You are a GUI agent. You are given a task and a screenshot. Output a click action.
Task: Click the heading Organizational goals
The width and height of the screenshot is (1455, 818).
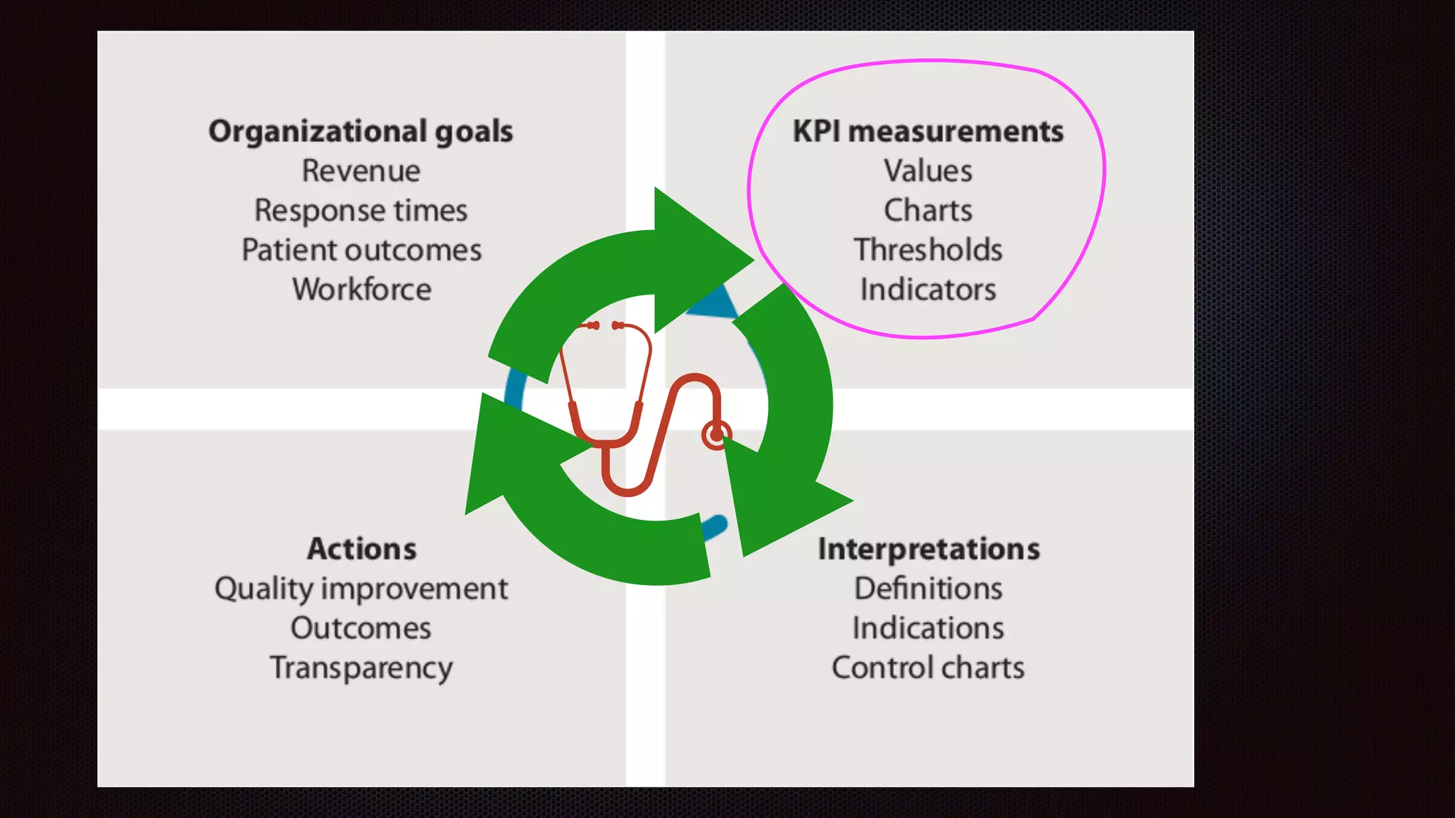[361, 132]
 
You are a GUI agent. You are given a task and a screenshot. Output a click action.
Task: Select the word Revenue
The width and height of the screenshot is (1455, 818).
[361, 171]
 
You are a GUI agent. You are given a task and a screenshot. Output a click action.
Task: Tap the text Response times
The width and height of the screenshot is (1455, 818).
[361, 211]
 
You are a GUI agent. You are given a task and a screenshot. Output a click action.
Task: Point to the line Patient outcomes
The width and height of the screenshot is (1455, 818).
[361, 251]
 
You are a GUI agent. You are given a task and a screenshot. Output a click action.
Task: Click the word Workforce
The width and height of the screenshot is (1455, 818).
[361, 290]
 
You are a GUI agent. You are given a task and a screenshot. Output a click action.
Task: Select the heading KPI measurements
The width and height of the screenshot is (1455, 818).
[928, 132]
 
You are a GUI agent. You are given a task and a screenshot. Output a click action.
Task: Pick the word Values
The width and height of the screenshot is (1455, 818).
[928, 171]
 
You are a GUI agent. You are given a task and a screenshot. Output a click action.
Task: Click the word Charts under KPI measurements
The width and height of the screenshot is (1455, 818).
[928, 211]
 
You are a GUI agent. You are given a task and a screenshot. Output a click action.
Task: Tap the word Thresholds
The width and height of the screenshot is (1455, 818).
[928, 251]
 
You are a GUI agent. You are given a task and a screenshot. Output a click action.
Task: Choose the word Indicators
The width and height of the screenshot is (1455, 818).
[928, 290]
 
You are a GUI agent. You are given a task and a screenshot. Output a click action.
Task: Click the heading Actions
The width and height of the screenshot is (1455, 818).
[361, 549]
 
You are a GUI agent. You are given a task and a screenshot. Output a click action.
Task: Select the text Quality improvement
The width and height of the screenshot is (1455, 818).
[361, 589]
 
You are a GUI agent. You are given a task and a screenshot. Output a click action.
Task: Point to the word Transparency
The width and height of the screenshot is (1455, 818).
[361, 668]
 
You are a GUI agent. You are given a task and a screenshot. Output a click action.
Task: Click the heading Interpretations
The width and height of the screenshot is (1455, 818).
[928, 549]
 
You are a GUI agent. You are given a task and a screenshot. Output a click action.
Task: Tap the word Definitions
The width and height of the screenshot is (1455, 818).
[928, 589]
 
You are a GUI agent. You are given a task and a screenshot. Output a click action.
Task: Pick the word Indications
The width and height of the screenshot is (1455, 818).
[928, 628]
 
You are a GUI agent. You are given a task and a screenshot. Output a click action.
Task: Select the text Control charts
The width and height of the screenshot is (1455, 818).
[928, 668]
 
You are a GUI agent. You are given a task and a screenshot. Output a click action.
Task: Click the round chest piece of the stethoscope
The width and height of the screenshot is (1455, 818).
[716, 435]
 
